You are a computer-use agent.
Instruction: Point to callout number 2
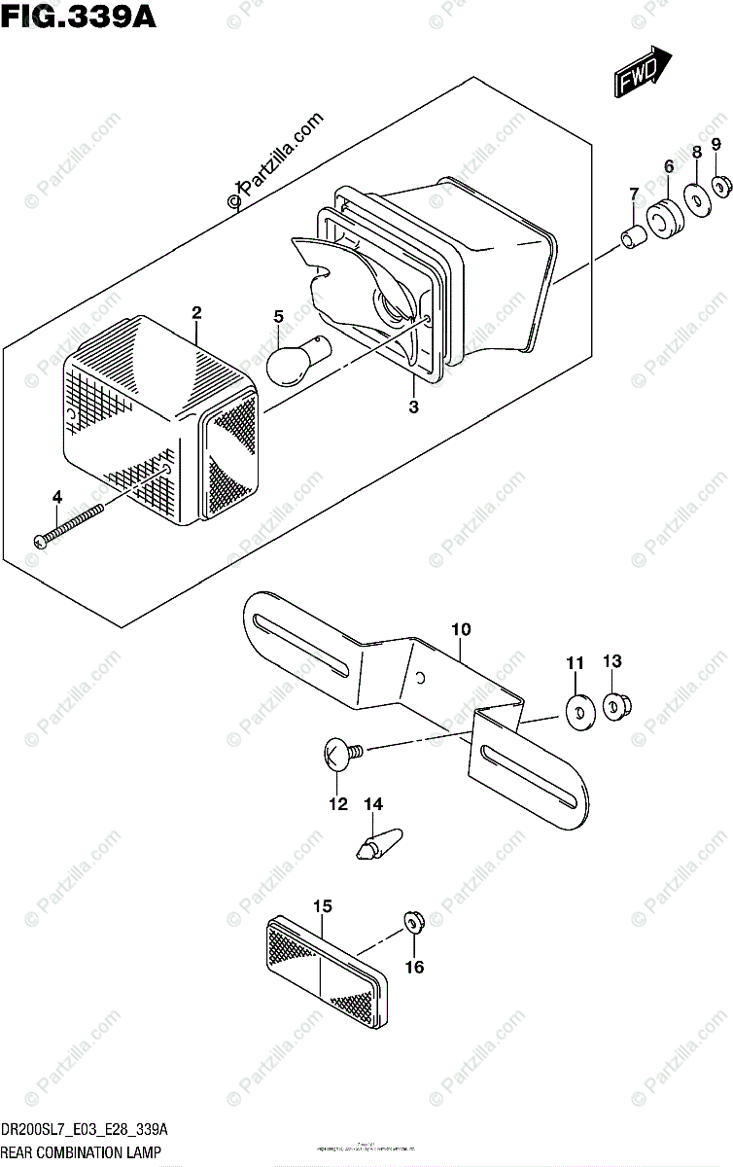tap(196, 312)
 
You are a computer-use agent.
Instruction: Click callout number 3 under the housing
tap(413, 407)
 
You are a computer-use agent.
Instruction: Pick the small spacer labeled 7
tap(634, 235)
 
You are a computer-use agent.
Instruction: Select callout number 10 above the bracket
tap(460, 630)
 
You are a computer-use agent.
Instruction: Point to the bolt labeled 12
tap(341, 752)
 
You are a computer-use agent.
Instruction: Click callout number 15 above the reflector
tap(323, 905)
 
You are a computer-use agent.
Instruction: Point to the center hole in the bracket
tap(419, 677)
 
